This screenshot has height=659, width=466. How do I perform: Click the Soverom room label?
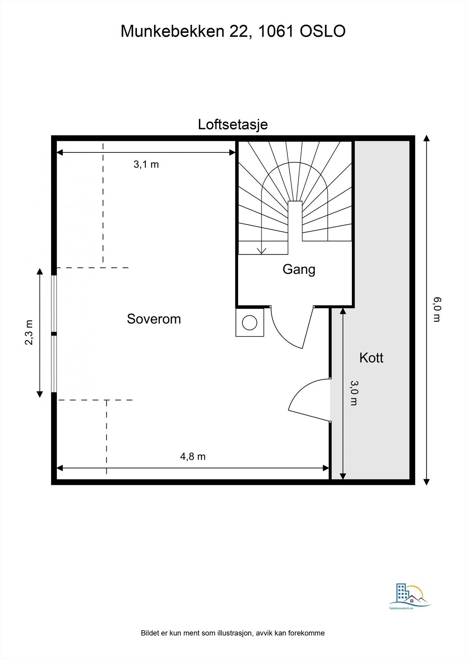pos(154,319)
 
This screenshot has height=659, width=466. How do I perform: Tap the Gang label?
pos(299,269)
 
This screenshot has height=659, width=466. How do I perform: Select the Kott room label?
pos(371,358)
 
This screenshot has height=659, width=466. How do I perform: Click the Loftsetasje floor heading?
pos(233,124)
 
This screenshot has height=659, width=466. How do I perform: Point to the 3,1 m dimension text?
pos(146,165)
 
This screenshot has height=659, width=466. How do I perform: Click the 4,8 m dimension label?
pos(192,456)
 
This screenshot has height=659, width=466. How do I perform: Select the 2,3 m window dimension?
pos(29,332)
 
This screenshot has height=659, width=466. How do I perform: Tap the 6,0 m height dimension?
pos(437,309)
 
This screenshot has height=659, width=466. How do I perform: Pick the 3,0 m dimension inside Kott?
pos(354,393)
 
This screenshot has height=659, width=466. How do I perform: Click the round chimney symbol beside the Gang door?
pos(250,322)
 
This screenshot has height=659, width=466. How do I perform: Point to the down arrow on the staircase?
pos(261,250)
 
